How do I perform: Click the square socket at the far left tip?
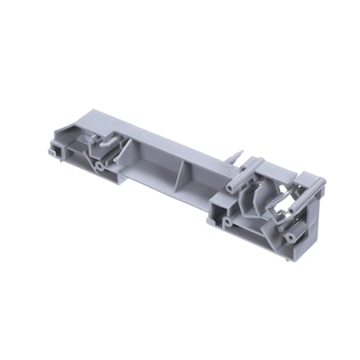[55, 149]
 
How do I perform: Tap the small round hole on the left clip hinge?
[98, 166]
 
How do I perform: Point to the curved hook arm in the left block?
[104, 146]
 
